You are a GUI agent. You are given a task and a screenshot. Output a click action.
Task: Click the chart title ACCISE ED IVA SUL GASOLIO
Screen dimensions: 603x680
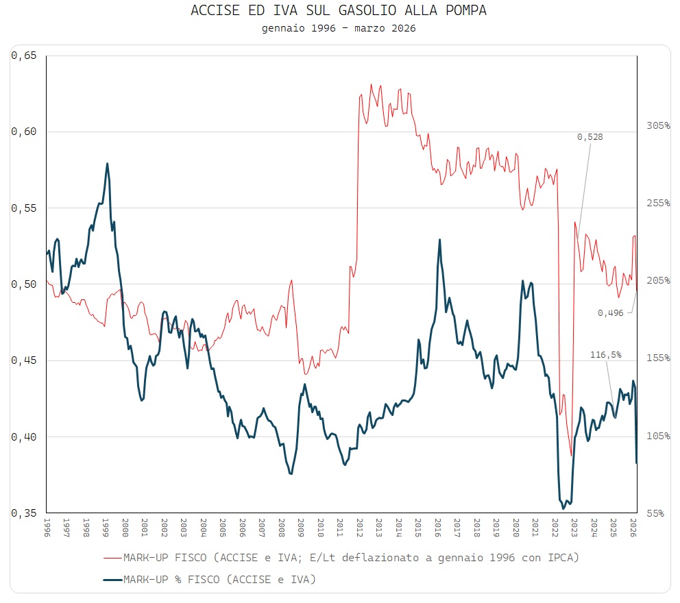(x=339, y=12)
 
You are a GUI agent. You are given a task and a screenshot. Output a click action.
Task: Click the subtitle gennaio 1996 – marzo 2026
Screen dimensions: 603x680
(x=339, y=28)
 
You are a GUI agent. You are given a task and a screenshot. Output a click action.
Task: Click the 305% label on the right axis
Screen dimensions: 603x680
(x=658, y=125)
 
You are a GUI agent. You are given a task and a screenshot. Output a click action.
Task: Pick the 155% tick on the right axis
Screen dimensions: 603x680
(x=658, y=358)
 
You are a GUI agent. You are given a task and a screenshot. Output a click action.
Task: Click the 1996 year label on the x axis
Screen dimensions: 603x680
(x=47, y=528)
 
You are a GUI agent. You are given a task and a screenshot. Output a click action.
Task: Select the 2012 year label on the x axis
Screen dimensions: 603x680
(x=360, y=528)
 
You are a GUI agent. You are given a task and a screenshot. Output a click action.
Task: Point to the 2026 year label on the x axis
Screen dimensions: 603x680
(x=634, y=528)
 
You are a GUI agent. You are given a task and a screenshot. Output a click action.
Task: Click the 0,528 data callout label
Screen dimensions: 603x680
(x=590, y=137)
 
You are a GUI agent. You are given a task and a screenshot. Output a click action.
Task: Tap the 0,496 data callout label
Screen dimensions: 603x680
(x=610, y=312)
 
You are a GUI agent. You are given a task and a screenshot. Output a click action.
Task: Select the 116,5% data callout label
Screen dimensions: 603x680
(x=606, y=355)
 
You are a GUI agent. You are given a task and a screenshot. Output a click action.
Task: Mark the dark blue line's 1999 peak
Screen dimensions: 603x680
(x=107, y=164)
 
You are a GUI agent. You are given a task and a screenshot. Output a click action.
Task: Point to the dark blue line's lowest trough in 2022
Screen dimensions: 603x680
(x=563, y=508)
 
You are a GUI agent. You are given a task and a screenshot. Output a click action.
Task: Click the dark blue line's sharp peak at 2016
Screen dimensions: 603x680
(x=439, y=240)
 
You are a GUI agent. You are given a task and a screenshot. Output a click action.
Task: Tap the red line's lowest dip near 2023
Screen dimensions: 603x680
(x=571, y=456)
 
